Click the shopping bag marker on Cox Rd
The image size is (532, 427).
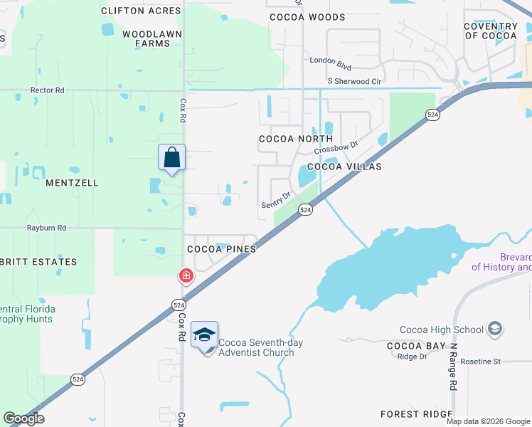pyautogui.click(x=171, y=158)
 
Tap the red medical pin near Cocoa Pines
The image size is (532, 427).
pyautogui.click(x=186, y=275)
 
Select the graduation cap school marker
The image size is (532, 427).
pyautogui.click(x=204, y=334)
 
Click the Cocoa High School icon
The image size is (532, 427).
pyautogui.click(x=494, y=329)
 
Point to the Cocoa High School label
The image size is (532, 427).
pyautogui.click(x=441, y=330)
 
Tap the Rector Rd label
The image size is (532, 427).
pyautogui.click(x=47, y=90)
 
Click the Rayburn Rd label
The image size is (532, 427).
pyautogui.click(x=46, y=228)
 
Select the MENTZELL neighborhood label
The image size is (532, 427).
pyautogui.click(x=72, y=183)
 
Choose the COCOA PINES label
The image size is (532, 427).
pyautogui.click(x=221, y=250)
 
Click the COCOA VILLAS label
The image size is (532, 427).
pyautogui.click(x=344, y=167)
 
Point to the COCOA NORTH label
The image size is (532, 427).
pyautogui.click(x=295, y=139)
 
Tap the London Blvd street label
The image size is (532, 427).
pyautogui.click(x=331, y=60)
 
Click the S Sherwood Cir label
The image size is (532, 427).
pyautogui.click(x=354, y=81)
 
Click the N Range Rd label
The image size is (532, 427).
pyautogui.click(x=452, y=367)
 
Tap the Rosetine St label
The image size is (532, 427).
pyautogui.click(x=481, y=362)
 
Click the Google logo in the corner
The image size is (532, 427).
pyautogui.click(x=23, y=418)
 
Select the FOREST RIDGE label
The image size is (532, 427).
pyautogui.click(x=416, y=414)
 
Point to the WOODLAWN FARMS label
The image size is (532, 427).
pyautogui.click(x=147, y=38)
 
